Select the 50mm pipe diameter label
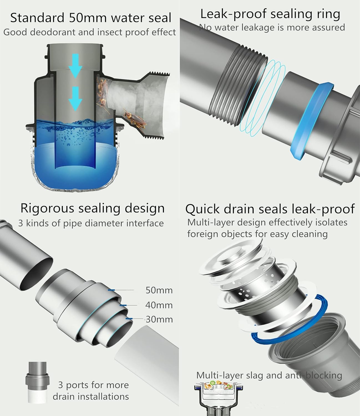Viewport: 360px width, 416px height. pos(159,290)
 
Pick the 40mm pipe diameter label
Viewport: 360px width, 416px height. pos(159,305)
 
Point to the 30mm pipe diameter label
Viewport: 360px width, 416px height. pos(159,319)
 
